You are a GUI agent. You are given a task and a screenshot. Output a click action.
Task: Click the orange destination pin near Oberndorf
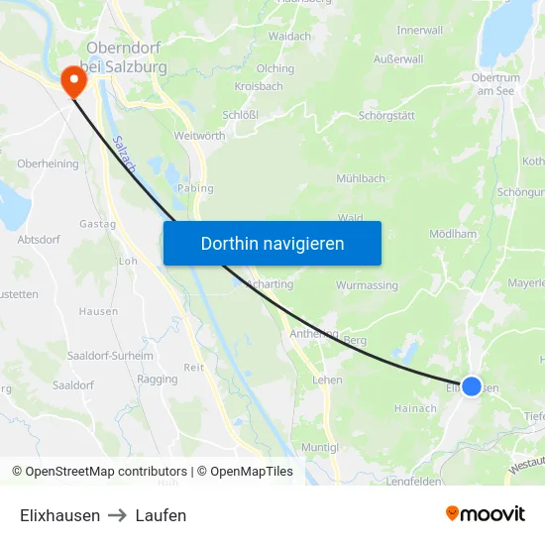pos(73,80)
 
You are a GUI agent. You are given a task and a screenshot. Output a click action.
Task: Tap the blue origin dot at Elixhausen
pos(472,386)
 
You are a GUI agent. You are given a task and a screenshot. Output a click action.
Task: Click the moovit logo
pos(485,514)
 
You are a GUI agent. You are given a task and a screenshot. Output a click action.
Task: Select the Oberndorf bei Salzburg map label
pos(126,57)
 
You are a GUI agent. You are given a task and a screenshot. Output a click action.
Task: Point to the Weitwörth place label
pos(199,135)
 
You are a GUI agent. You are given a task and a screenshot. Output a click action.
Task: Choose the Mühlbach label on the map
pos(361,179)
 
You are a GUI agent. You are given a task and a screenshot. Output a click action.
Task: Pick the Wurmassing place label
pos(367,285)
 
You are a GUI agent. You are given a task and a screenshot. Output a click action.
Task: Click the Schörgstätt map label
pos(385,115)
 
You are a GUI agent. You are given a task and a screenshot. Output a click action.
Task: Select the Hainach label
pos(415,408)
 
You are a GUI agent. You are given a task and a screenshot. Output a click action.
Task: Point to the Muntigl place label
pos(319,448)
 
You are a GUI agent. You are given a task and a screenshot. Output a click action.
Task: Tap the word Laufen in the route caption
pos(161,515)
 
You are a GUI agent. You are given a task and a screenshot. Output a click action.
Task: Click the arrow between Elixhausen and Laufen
pos(118,515)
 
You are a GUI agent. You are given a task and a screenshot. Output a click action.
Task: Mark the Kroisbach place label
pos(259,86)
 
